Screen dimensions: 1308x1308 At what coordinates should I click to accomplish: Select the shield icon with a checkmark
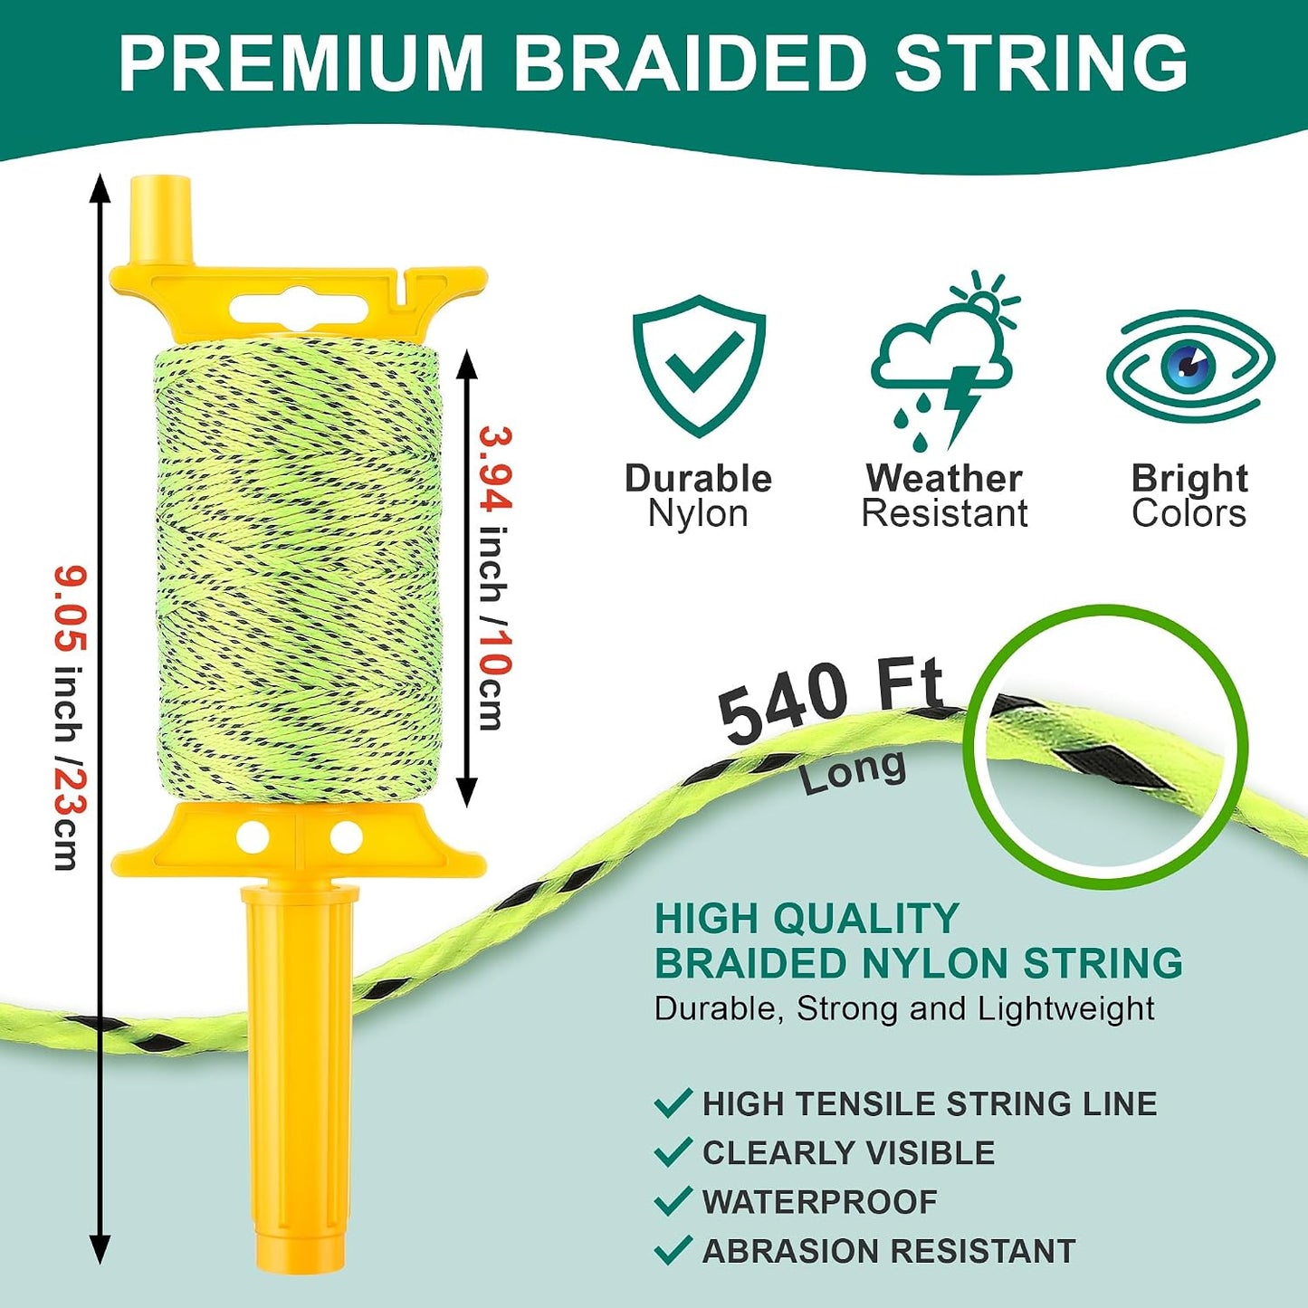pos(699,366)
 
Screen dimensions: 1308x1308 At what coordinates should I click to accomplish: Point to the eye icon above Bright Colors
pos(1190,368)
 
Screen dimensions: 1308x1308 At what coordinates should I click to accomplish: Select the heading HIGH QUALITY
pos(807,919)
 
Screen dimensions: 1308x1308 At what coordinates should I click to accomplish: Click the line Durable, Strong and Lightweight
pos(904,1009)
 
